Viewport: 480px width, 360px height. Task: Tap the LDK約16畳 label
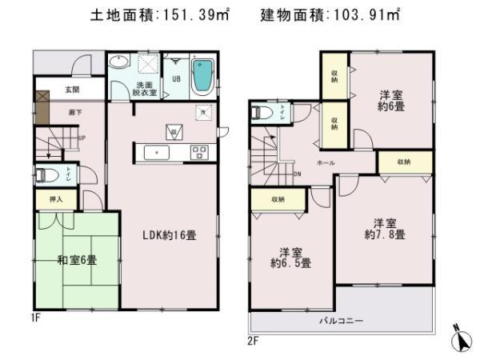[x=170, y=235]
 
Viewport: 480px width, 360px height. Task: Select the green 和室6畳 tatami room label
[x=77, y=260]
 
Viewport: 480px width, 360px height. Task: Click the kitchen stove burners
[x=198, y=152]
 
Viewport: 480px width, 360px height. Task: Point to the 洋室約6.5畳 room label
[x=290, y=256]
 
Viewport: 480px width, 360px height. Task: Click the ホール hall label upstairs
[x=326, y=163]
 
